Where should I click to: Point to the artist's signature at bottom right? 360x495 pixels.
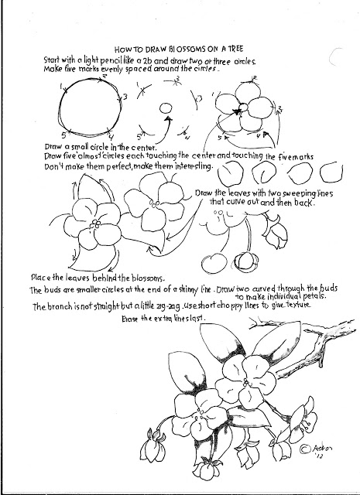click(x=314, y=449)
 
